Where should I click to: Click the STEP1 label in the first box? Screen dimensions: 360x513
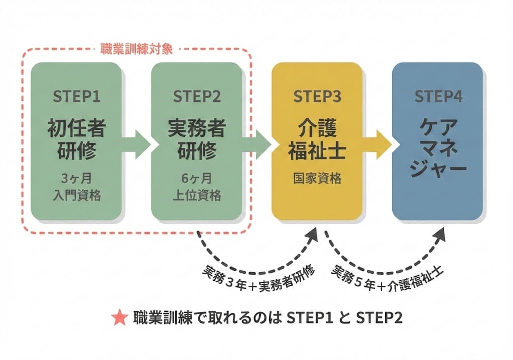coord(76,96)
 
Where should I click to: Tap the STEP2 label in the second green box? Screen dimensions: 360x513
coord(197,96)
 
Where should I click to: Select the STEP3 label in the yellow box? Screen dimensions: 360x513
coord(317,96)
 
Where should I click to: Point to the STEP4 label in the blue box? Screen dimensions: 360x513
coord(438,96)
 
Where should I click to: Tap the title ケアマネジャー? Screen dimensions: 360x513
coord(438,145)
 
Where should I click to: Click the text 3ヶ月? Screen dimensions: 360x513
coord(76,178)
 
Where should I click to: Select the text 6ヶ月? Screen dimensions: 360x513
coord(197,178)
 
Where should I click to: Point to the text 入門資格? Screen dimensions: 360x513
coord(76,196)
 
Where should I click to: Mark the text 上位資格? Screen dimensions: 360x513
coord(197,196)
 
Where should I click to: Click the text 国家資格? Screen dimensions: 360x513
coord(317,178)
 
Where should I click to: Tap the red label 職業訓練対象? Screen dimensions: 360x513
coord(137,49)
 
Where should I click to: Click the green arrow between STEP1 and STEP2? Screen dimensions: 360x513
coord(136,144)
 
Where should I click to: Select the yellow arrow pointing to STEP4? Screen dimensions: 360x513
coord(379,144)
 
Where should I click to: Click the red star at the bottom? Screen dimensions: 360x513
coord(120,318)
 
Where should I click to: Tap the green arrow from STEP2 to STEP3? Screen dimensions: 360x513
coord(256,144)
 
